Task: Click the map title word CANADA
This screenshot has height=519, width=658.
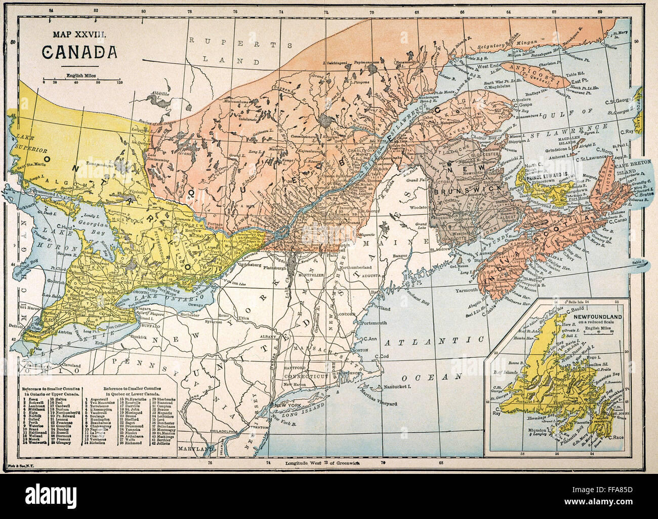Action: tap(79, 52)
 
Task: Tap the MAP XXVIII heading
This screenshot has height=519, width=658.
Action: tap(79, 34)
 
